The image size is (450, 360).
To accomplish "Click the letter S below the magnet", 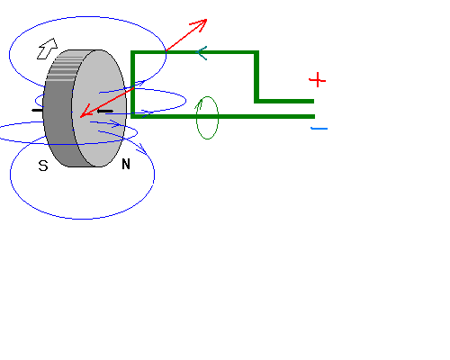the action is click(43, 166).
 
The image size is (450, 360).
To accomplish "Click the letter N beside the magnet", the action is click(126, 164).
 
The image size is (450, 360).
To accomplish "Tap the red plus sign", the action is click(317, 80).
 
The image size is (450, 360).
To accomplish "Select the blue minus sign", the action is click(319, 129).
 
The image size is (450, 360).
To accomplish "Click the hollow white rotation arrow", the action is click(48, 49).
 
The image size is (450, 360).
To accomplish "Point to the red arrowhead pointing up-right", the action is click(201, 23).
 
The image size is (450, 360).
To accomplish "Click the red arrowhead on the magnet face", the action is click(85, 112).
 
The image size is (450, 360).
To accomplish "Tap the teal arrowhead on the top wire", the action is click(202, 53).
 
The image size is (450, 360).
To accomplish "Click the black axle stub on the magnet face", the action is click(105, 111).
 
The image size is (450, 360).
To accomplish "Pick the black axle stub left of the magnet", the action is click(38, 111).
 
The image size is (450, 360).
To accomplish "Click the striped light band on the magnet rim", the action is click(64, 67).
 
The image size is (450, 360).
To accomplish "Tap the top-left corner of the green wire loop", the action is click(132, 53).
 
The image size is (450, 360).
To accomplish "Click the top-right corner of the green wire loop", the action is click(256, 53).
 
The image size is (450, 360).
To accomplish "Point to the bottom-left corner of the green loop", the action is click(132, 116).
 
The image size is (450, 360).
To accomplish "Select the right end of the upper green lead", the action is click(313, 101).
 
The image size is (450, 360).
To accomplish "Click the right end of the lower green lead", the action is click(313, 116).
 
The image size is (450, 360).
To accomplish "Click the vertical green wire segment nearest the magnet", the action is click(132, 85).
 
